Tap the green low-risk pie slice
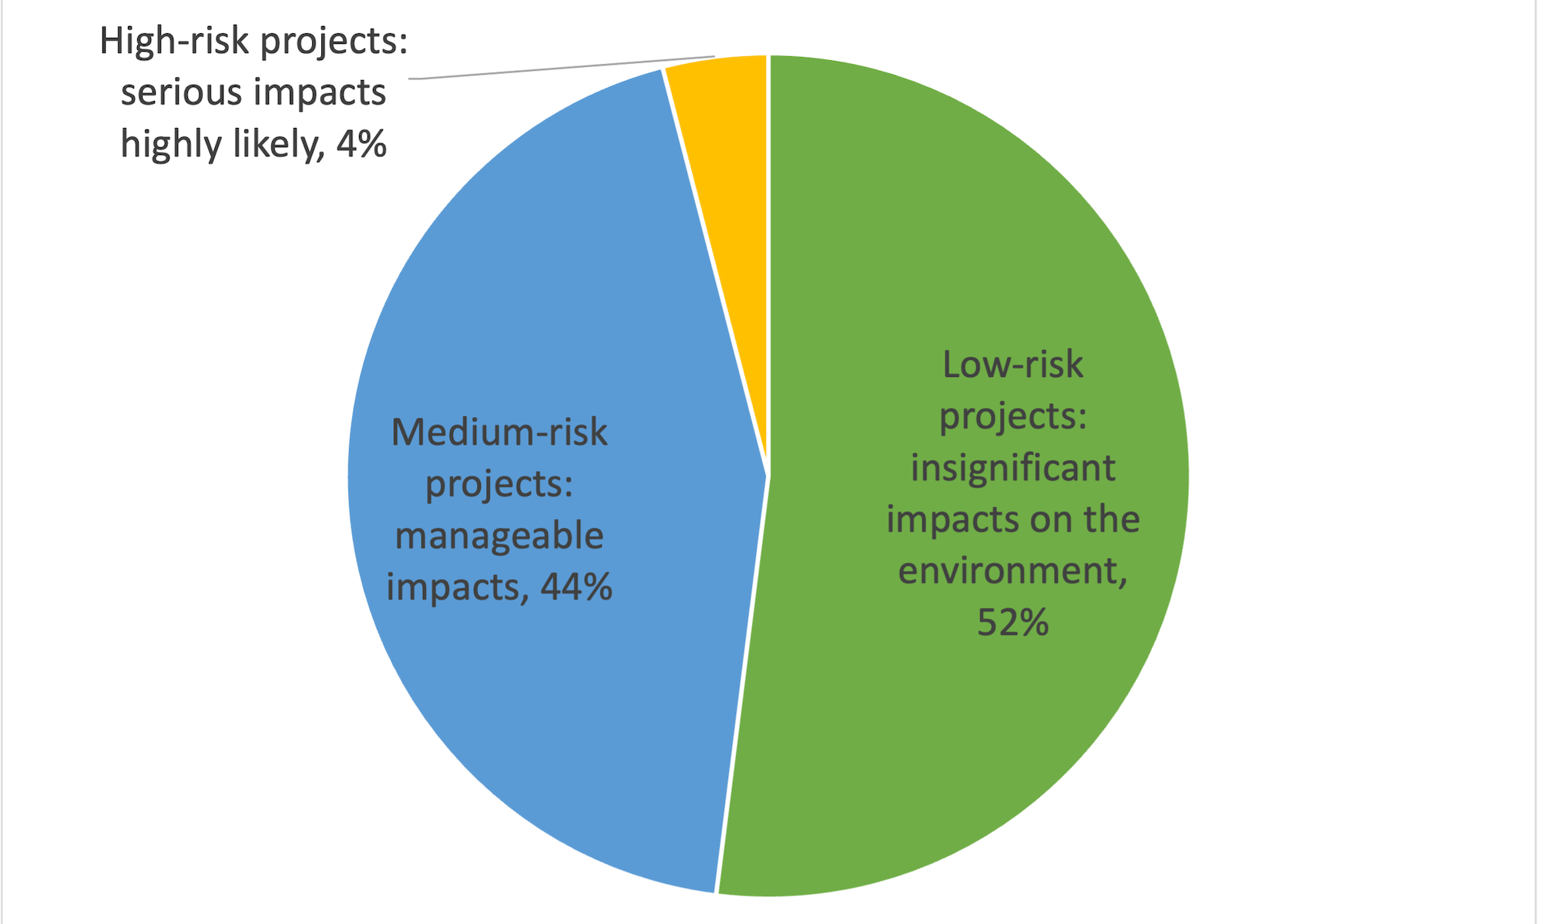tap(963, 732)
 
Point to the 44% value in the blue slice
tap(576, 587)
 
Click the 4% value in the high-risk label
tap(361, 144)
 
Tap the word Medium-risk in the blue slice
tap(499, 432)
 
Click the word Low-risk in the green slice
tap(1012, 365)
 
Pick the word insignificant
tap(1012, 468)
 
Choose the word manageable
tap(499, 536)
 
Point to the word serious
tap(181, 92)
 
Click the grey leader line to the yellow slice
tap(562, 68)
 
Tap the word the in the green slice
tap(1111, 519)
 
